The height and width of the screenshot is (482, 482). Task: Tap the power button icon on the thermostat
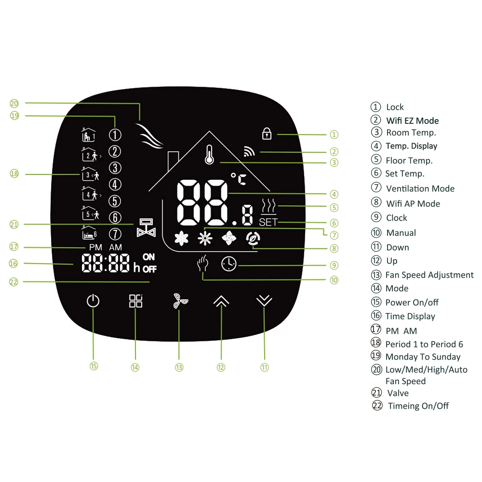[x=93, y=301]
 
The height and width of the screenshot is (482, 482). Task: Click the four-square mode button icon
[x=135, y=301]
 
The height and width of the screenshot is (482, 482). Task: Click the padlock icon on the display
[x=266, y=133]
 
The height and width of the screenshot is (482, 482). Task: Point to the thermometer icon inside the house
[x=209, y=155]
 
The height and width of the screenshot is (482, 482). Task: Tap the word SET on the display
[x=268, y=223]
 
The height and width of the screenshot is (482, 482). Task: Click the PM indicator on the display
[x=96, y=247]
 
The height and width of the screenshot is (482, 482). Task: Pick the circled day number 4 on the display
[x=115, y=184]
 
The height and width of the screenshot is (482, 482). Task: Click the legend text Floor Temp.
[x=409, y=161]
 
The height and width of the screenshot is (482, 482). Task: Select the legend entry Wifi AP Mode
[x=413, y=203]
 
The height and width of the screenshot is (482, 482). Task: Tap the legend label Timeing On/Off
[x=418, y=406]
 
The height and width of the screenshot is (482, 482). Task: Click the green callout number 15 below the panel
[x=94, y=366]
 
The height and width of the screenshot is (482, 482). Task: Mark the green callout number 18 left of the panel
[x=14, y=174]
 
